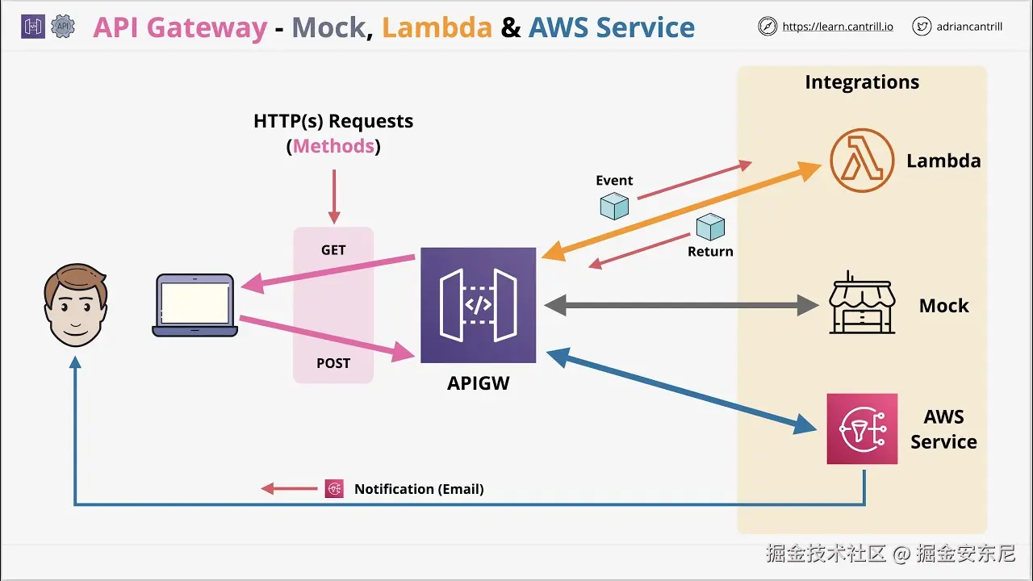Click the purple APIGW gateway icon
tap(478, 305)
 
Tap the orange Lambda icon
tap(862, 161)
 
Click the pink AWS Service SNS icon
tap(862, 428)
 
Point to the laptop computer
tap(195, 305)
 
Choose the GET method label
tap(333, 250)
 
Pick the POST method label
tap(333, 363)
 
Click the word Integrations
tap(862, 82)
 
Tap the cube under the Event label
tap(614, 206)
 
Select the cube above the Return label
tap(710, 227)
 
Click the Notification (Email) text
tap(419, 489)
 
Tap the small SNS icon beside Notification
tap(334, 488)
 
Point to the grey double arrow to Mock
tap(682, 305)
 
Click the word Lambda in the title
tap(437, 27)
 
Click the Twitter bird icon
tap(922, 27)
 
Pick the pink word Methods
tap(333, 146)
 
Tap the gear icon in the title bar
tap(62, 27)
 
